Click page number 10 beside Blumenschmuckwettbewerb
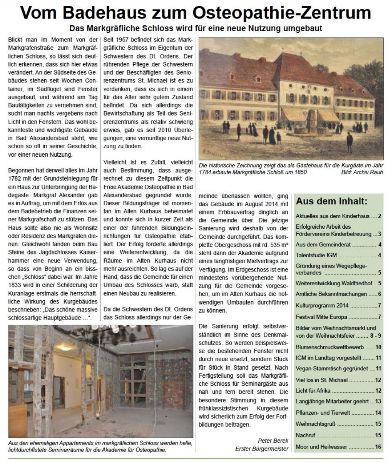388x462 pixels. point(378,346)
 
